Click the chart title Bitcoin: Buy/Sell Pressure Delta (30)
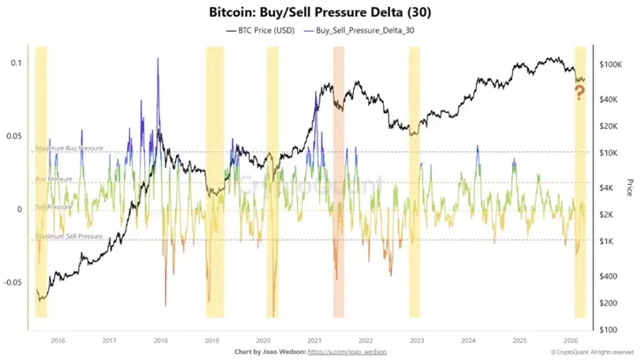tap(322, 14)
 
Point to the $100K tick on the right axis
tap(612, 65)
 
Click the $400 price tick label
tap(613, 276)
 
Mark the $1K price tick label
tap(612, 241)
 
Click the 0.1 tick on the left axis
tap(16, 63)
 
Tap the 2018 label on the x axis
tap(161, 339)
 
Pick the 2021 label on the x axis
tap(314, 339)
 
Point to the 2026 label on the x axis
tap(571, 339)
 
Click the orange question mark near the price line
tap(580, 91)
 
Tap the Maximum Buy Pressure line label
tap(69, 148)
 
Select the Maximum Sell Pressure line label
tap(69, 236)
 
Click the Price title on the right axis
tap(630, 188)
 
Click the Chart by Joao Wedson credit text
tap(266, 351)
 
